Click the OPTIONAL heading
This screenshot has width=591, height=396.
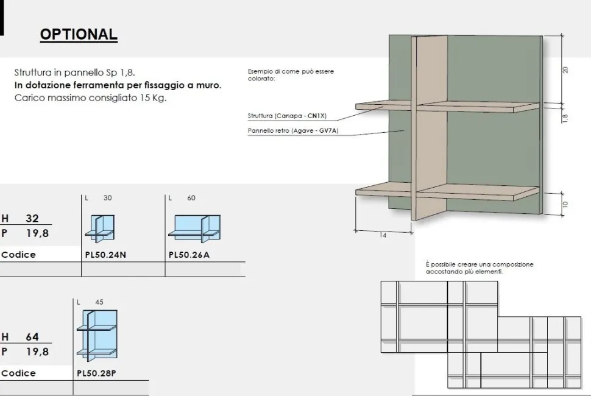click(x=79, y=34)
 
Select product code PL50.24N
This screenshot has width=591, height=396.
click(x=105, y=255)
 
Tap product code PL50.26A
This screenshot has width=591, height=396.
click(x=189, y=255)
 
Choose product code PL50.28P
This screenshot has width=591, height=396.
click(x=96, y=373)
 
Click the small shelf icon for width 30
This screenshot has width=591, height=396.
click(x=99, y=228)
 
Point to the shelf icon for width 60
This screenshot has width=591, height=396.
click(x=194, y=228)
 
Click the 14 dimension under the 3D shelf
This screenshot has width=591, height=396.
click(x=383, y=235)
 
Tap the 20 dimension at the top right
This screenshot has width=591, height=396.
click(x=565, y=69)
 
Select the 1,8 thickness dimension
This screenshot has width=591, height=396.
click(x=565, y=118)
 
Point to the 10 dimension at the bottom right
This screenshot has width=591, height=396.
click(x=565, y=205)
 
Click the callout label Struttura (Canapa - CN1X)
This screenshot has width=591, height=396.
click(x=287, y=116)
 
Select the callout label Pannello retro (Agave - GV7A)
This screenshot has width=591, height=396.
click(x=293, y=130)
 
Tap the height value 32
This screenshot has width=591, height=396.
click(x=32, y=218)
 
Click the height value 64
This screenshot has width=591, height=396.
click(x=32, y=336)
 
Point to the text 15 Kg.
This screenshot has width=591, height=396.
click(x=153, y=98)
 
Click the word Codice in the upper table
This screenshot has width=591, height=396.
click(x=18, y=255)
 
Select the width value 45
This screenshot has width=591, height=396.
click(x=99, y=302)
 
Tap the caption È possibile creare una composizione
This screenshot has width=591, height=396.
click(x=480, y=264)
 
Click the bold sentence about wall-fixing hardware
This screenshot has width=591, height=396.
click(x=118, y=85)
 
